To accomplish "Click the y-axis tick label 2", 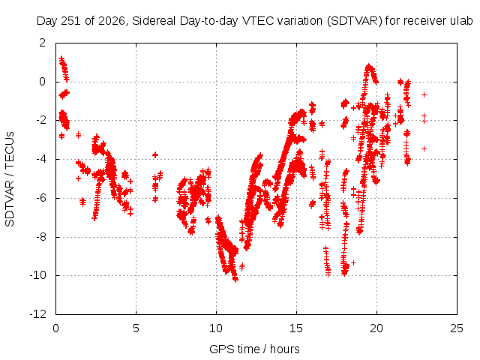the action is [x=42, y=43].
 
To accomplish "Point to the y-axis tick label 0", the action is [x=42, y=82].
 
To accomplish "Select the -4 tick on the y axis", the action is [x=40, y=159].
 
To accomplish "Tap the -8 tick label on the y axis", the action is [x=40, y=237].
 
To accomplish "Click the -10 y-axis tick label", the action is [x=38, y=275].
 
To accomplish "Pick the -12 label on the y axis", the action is [x=38, y=314].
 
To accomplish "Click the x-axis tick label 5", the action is [x=136, y=328].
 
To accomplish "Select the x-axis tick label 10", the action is [x=216, y=328].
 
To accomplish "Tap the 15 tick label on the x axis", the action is [x=296, y=328].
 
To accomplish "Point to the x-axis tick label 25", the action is [x=457, y=328].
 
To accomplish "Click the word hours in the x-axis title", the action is [x=285, y=349].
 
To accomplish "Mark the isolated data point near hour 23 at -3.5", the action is [x=424, y=148].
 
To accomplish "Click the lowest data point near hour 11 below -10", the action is [x=235, y=280].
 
